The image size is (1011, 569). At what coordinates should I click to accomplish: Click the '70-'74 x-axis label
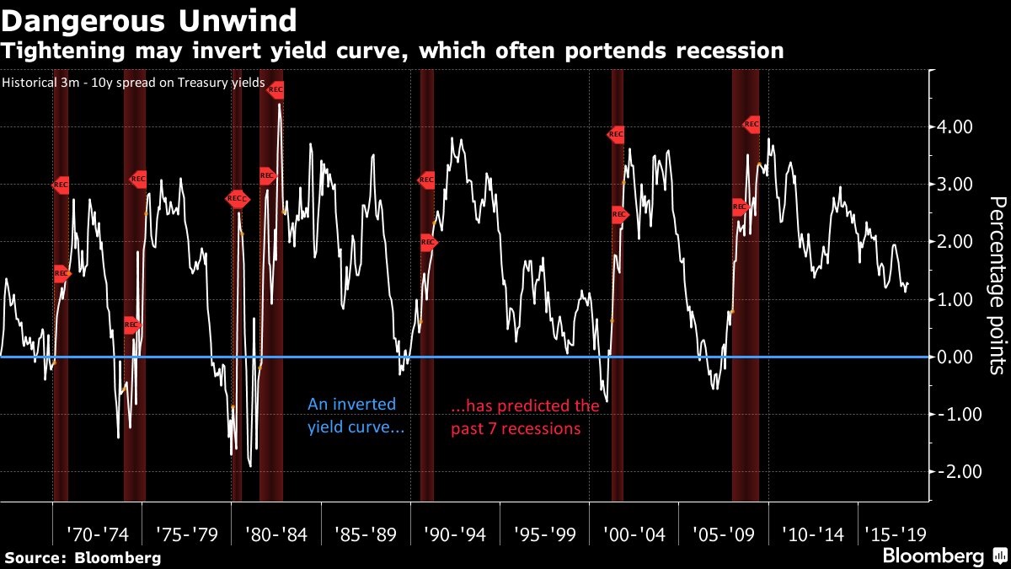pyautogui.click(x=97, y=534)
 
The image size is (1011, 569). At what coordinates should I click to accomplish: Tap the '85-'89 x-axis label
pyautogui.click(x=365, y=534)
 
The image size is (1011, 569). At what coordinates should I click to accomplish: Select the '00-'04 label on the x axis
pyautogui.click(x=634, y=534)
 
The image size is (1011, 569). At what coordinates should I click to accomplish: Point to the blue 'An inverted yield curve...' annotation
pyautogui.click(x=355, y=416)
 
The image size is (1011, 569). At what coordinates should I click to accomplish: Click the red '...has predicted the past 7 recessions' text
pyautogui.click(x=526, y=416)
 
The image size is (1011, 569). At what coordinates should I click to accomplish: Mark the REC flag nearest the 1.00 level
pyautogui.click(x=131, y=325)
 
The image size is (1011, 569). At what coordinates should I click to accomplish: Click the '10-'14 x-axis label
pyautogui.click(x=812, y=534)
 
